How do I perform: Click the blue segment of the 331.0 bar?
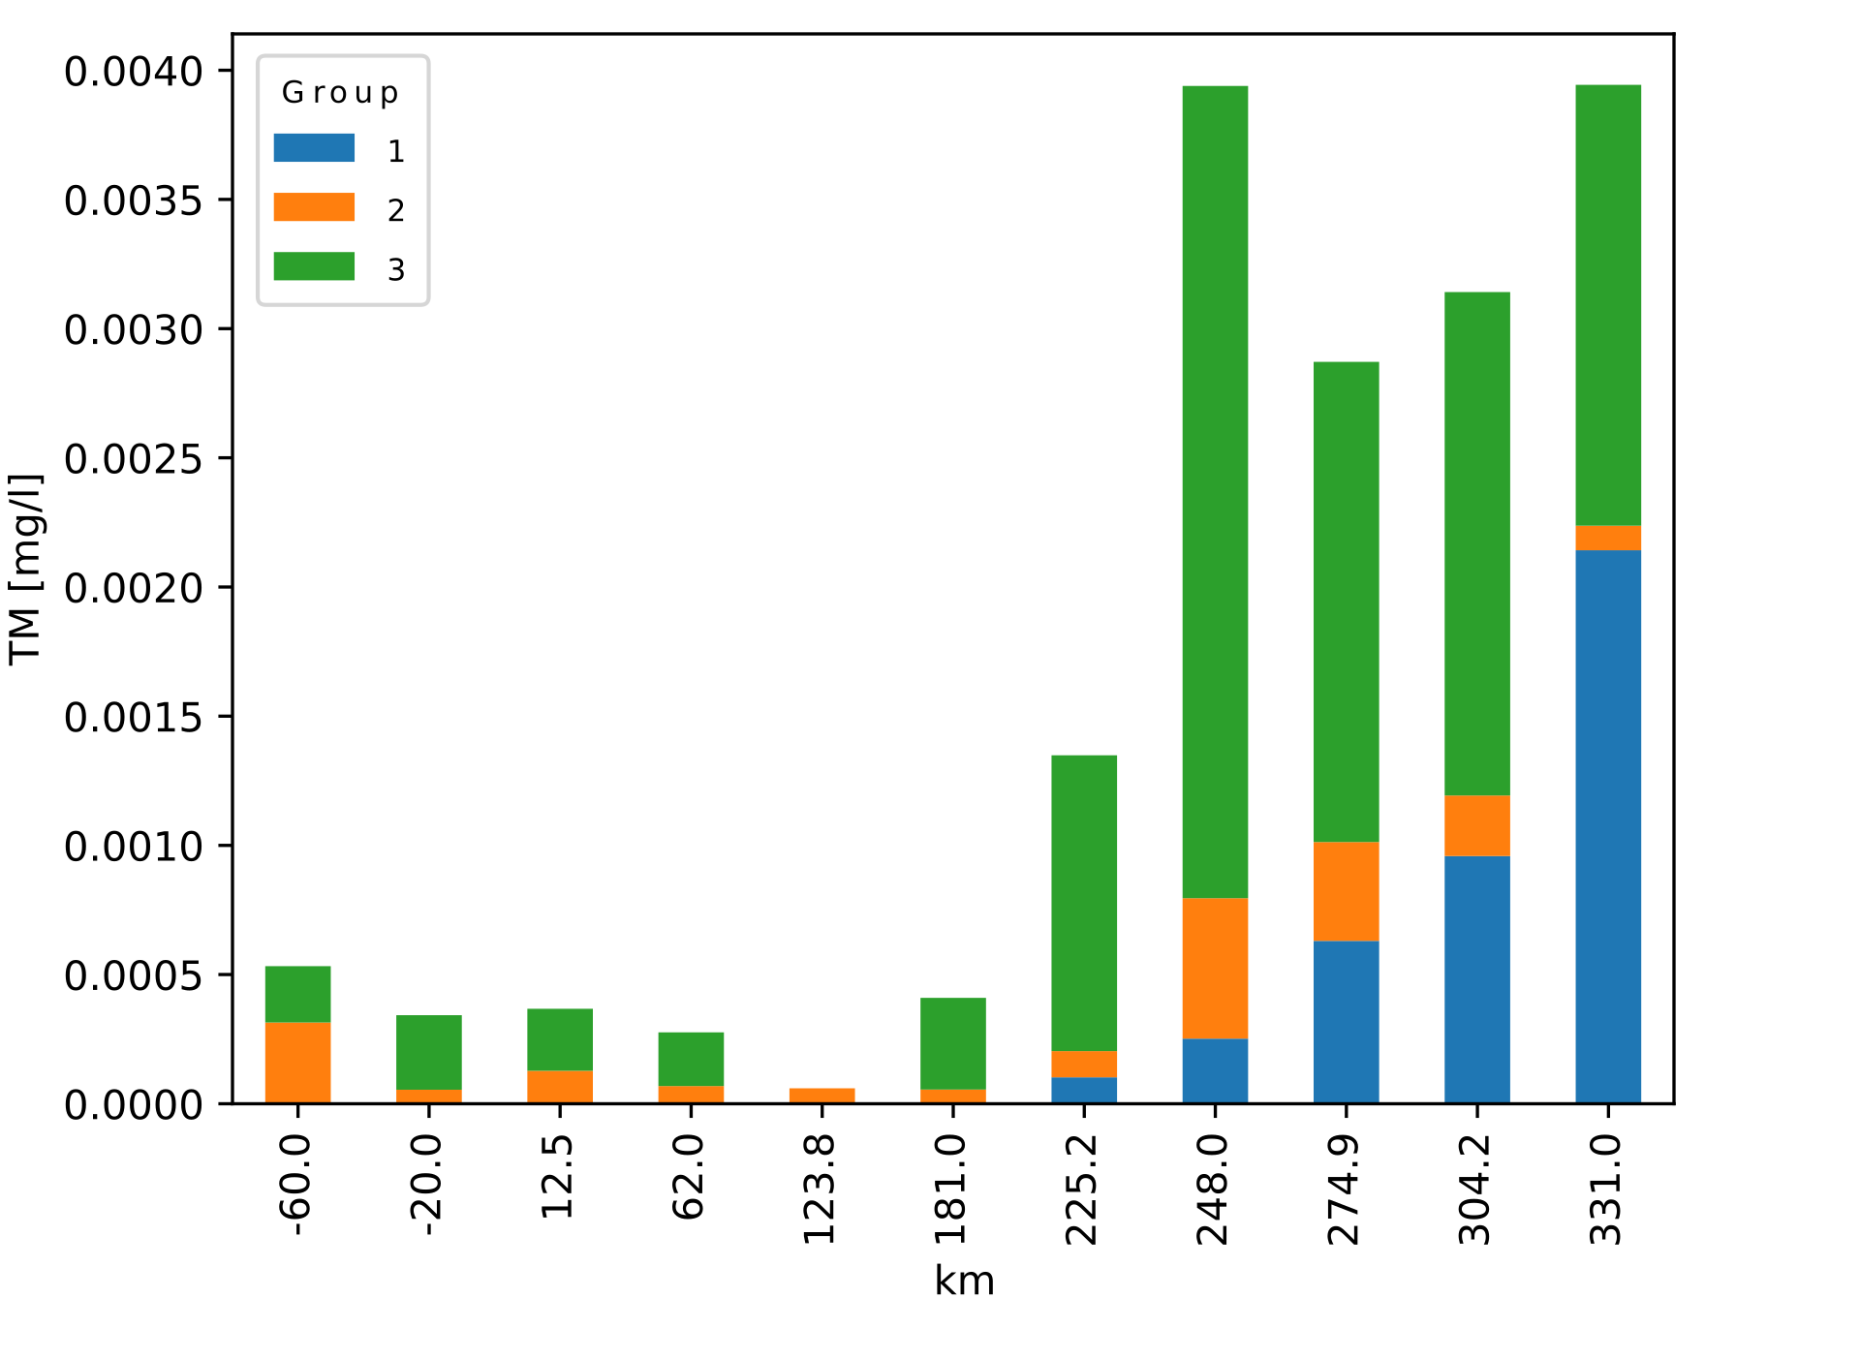(x=1607, y=825)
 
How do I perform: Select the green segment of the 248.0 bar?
(x=1215, y=491)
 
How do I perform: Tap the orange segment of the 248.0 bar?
(x=1215, y=968)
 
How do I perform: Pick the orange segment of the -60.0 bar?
(x=297, y=1062)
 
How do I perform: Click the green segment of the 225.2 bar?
(x=1084, y=902)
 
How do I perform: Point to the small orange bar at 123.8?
(x=821, y=1095)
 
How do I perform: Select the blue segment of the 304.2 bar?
(x=1476, y=978)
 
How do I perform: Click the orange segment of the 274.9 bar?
(x=1346, y=891)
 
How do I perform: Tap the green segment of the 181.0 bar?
(x=952, y=1042)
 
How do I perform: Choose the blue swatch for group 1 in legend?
(x=314, y=148)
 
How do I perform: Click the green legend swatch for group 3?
(x=314, y=266)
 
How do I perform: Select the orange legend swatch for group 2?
(x=314, y=207)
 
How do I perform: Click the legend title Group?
(x=340, y=93)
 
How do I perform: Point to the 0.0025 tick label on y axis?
(x=134, y=459)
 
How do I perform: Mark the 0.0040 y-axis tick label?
(x=134, y=72)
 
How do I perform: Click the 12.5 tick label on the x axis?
(x=559, y=1176)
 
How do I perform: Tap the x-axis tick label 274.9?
(x=1345, y=1190)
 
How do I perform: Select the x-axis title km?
(x=964, y=1281)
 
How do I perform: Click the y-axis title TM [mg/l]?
(x=26, y=569)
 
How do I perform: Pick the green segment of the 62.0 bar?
(x=691, y=1058)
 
